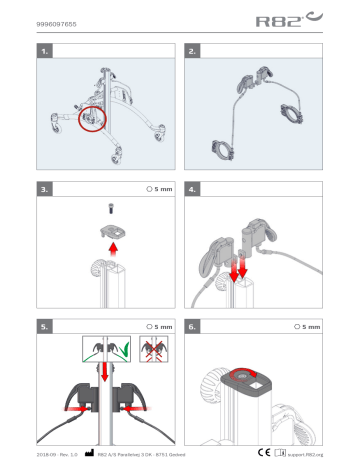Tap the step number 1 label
point(43,49)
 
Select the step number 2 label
point(194,49)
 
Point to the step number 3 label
point(43,187)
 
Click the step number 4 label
point(194,187)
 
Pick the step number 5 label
point(43,326)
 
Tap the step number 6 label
point(194,326)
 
